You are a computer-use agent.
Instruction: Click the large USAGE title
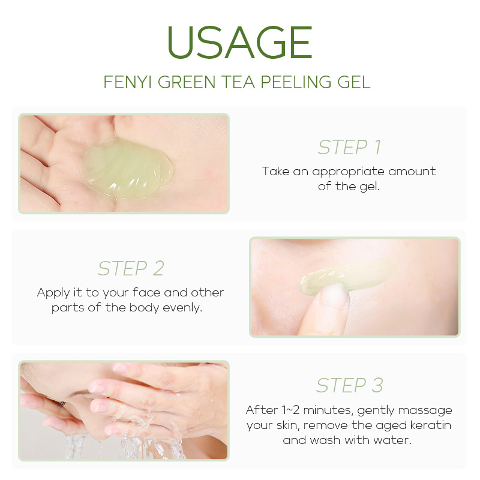[239, 42]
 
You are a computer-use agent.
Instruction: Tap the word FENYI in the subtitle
[127, 82]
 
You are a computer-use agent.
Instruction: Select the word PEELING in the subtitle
[296, 82]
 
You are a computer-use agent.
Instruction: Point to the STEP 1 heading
[349, 147]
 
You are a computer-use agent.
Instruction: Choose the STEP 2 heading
[131, 268]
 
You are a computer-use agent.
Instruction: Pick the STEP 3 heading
[349, 385]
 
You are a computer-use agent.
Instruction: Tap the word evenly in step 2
[182, 308]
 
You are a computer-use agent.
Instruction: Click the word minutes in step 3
[328, 410]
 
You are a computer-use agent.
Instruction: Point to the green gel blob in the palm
[127, 167]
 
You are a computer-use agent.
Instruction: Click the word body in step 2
[144, 308]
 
